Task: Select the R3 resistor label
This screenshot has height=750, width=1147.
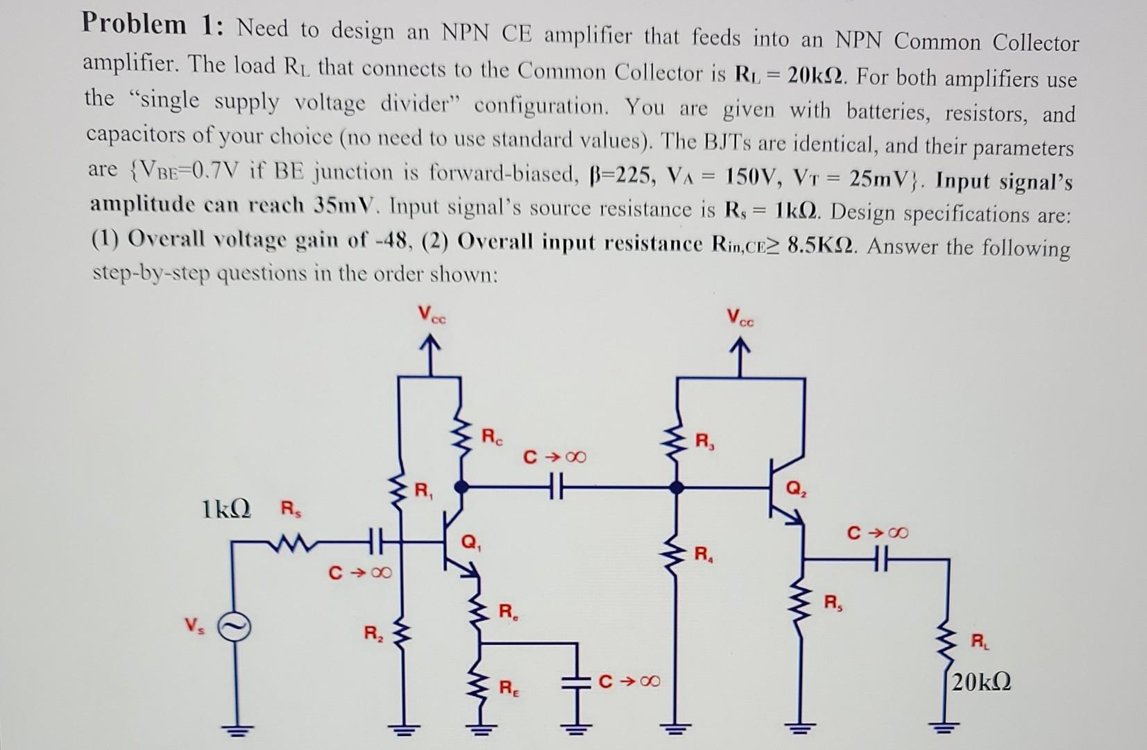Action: [704, 440]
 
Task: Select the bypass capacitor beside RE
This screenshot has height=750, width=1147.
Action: [575, 681]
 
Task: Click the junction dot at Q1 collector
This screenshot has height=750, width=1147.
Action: [460, 487]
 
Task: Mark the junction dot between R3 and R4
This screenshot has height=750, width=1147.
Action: [677, 488]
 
